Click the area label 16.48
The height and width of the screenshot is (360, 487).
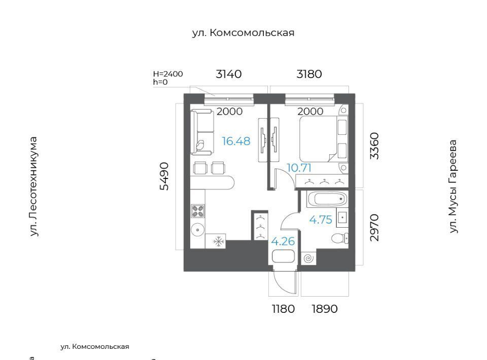coord(236,141)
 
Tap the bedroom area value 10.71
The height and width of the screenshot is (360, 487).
coord(299,168)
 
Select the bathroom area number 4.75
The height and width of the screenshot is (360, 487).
coord(321,220)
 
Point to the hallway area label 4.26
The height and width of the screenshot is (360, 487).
coord(283,241)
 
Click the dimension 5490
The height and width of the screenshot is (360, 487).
coord(164,176)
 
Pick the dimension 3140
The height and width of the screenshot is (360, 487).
coord(229,74)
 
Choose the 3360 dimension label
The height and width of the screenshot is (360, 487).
coord(374,146)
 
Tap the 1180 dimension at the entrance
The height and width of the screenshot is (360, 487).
coord(283,309)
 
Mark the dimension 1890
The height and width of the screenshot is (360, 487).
coord(324,309)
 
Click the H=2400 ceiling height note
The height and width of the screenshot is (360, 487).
coord(168,74)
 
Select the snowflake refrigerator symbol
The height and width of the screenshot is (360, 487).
coord(219,241)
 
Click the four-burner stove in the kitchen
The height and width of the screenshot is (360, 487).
coord(197,211)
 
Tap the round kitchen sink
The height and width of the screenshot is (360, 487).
coord(197,230)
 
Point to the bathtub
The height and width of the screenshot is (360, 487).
coord(327,199)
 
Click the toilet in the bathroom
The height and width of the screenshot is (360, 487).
coord(339,238)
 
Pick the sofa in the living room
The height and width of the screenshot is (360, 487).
coord(202,132)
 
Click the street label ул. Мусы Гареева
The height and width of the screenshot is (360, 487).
coord(453,187)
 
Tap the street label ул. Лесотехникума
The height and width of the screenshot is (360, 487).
coord(33,187)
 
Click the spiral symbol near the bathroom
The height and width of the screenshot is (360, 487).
coord(309,258)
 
